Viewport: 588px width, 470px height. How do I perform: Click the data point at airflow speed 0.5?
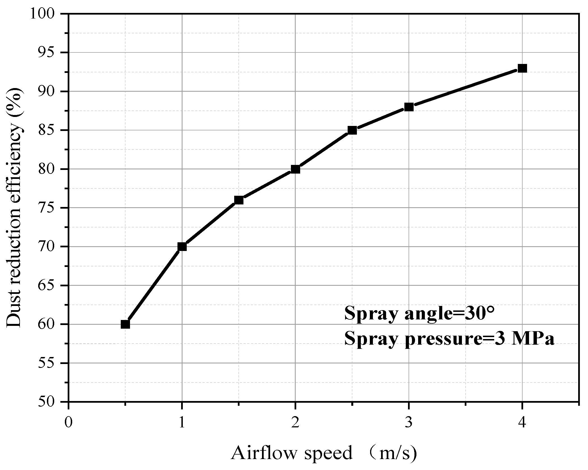(x=125, y=324)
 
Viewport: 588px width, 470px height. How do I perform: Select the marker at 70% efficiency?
(x=182, y=247)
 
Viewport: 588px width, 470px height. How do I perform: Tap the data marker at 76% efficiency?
(x=239, y=200)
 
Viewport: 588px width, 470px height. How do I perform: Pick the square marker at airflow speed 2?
(x=295, y=169)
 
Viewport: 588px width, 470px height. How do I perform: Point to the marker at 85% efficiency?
(x=352, y=130)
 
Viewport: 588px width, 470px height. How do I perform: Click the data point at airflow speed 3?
(x=409, y=107)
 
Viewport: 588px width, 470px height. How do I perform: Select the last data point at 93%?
(x=522, y=68)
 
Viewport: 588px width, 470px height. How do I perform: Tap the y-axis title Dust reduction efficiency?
(x=14, y=208)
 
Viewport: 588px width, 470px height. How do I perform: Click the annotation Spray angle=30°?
(x=419, y=313)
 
